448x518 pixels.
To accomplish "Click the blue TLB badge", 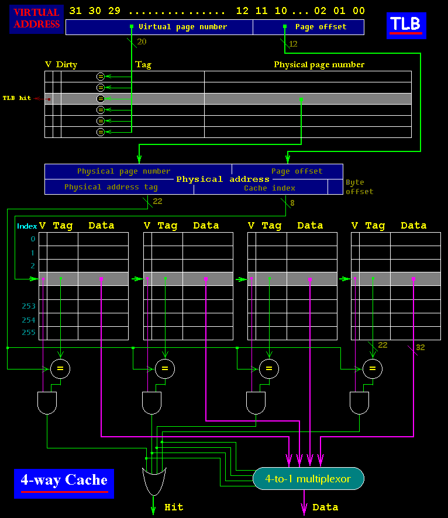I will pyautogui.click(x=406, y=25).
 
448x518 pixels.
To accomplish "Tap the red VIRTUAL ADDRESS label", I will pyautogui.click(x=36, y=18).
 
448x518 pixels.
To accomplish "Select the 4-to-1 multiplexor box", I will pyautogui.click(x=308, y=479).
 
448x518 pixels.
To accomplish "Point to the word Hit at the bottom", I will pyautogui.click(x=174, y=507).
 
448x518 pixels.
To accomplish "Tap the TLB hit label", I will pyautogui.click(x=17, y=98).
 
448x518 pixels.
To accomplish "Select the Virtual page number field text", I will pyautogui.click(x=182, y=27).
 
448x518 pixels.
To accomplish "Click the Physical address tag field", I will pyautogui.click(x=111, y=188).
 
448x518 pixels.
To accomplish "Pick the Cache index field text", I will pyautogui.click(x=270, y=188).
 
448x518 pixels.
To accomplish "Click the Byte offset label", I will pyautogui.click(x=359, y=187).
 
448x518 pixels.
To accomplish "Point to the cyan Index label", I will pyautogui.click(x=27, y=226).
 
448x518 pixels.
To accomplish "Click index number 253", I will pyautogui.click(x=29, y=306).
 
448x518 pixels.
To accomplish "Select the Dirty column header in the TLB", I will pyautogui.click(x=67, y=65).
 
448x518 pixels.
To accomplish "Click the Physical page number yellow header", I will pyautogui.click(x=319, y=65).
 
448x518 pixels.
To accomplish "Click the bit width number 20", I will pyautogui.click(x=142, y=42).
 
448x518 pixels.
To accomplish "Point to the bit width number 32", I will pyautogui.click(x=420, y=348).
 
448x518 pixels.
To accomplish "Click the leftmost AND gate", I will pyautogui.click(x=47, y=403).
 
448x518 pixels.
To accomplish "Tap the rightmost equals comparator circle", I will pyautogui.click(x=372, y=368).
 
